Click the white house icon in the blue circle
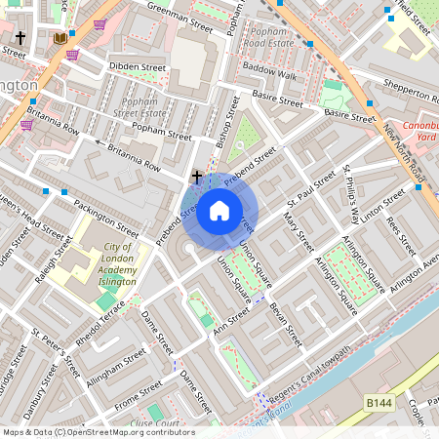tap(219, 210)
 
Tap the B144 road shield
tap(381, 402)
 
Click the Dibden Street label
tap(137, 68)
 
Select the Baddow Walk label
tap(269, 73)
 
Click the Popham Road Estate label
tap(268, 37)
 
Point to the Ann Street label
tap(230, 322)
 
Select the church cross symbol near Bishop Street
tap(197, 177)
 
